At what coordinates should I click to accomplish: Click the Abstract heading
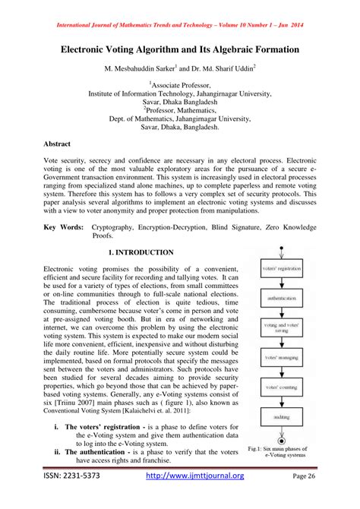click(x=60, y=142)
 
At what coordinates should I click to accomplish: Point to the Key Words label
click(x=63, y=226)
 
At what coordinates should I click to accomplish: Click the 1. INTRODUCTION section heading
click(x=141, y=251)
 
